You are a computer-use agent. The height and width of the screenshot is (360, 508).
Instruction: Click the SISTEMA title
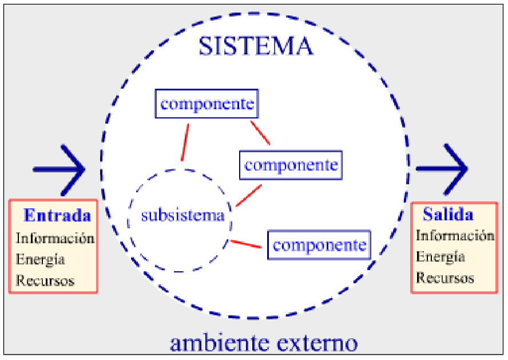point(256,46)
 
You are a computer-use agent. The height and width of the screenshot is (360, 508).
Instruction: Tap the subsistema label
point(182,216)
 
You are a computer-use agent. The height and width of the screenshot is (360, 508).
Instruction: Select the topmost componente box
point(207,105)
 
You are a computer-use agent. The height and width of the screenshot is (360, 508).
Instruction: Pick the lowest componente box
point(319,246)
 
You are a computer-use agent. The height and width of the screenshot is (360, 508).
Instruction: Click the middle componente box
point(291,165)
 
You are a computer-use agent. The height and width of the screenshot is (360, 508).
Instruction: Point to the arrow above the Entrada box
point(59,169)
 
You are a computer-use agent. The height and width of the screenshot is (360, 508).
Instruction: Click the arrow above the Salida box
point(442,169)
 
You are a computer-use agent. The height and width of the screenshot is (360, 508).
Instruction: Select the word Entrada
point(57,216)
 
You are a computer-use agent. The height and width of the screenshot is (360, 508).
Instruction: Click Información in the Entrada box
point(55,238)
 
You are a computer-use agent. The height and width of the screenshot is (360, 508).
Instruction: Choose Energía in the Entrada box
point(40,259)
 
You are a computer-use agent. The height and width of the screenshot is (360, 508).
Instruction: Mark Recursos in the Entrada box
point(45,280)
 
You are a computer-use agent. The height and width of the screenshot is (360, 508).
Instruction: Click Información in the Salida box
point(455,235)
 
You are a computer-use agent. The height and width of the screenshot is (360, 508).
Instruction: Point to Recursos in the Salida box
point(445,278)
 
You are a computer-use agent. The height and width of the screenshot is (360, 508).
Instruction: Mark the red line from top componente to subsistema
point(185,143)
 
